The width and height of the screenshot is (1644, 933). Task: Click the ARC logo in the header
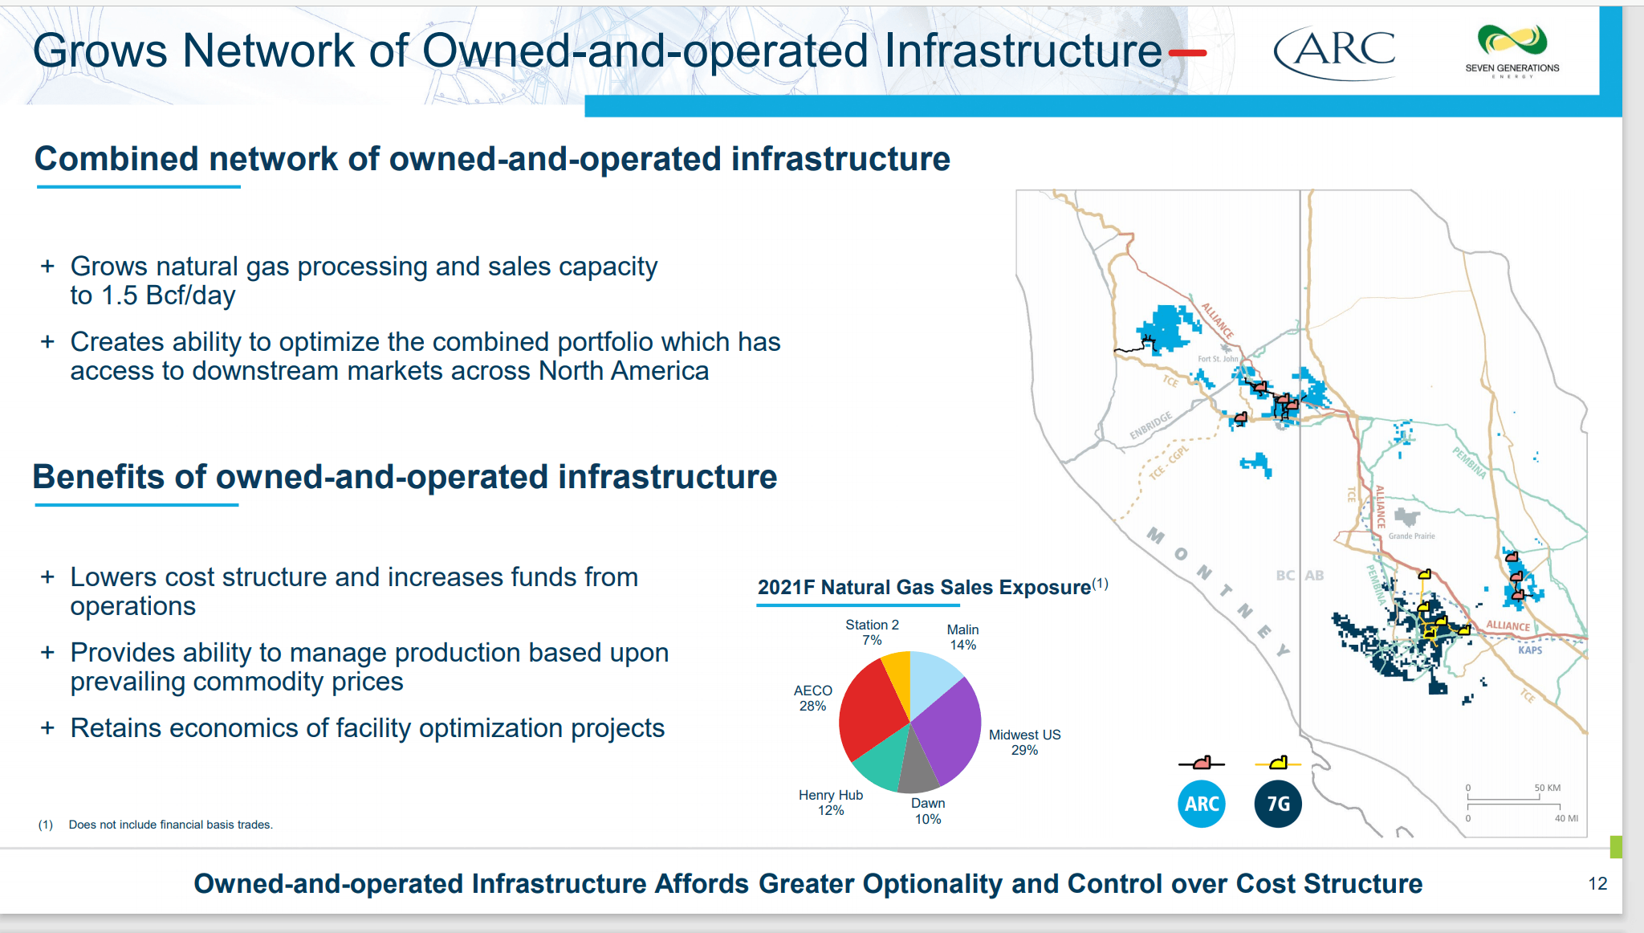(1335, 52)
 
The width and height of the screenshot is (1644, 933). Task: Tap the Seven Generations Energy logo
(1512, 51)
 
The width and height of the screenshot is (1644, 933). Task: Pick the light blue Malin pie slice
(933, 678)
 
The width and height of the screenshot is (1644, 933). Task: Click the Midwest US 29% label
(1024, 742)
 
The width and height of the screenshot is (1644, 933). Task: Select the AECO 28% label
(812, 698)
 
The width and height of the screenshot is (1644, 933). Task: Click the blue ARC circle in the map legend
(1202, 804)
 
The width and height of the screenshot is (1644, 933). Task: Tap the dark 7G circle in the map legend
(1278, 804)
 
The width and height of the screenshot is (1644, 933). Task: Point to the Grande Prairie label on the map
(1411, 536)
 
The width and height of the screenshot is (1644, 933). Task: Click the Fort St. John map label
(1218, 359)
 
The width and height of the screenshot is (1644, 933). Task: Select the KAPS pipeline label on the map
(1530, 650)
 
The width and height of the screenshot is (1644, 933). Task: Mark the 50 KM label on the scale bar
(1547, 788)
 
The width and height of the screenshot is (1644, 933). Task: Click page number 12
(1597, 883)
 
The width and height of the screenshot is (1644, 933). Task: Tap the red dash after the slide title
(1187, 54)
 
